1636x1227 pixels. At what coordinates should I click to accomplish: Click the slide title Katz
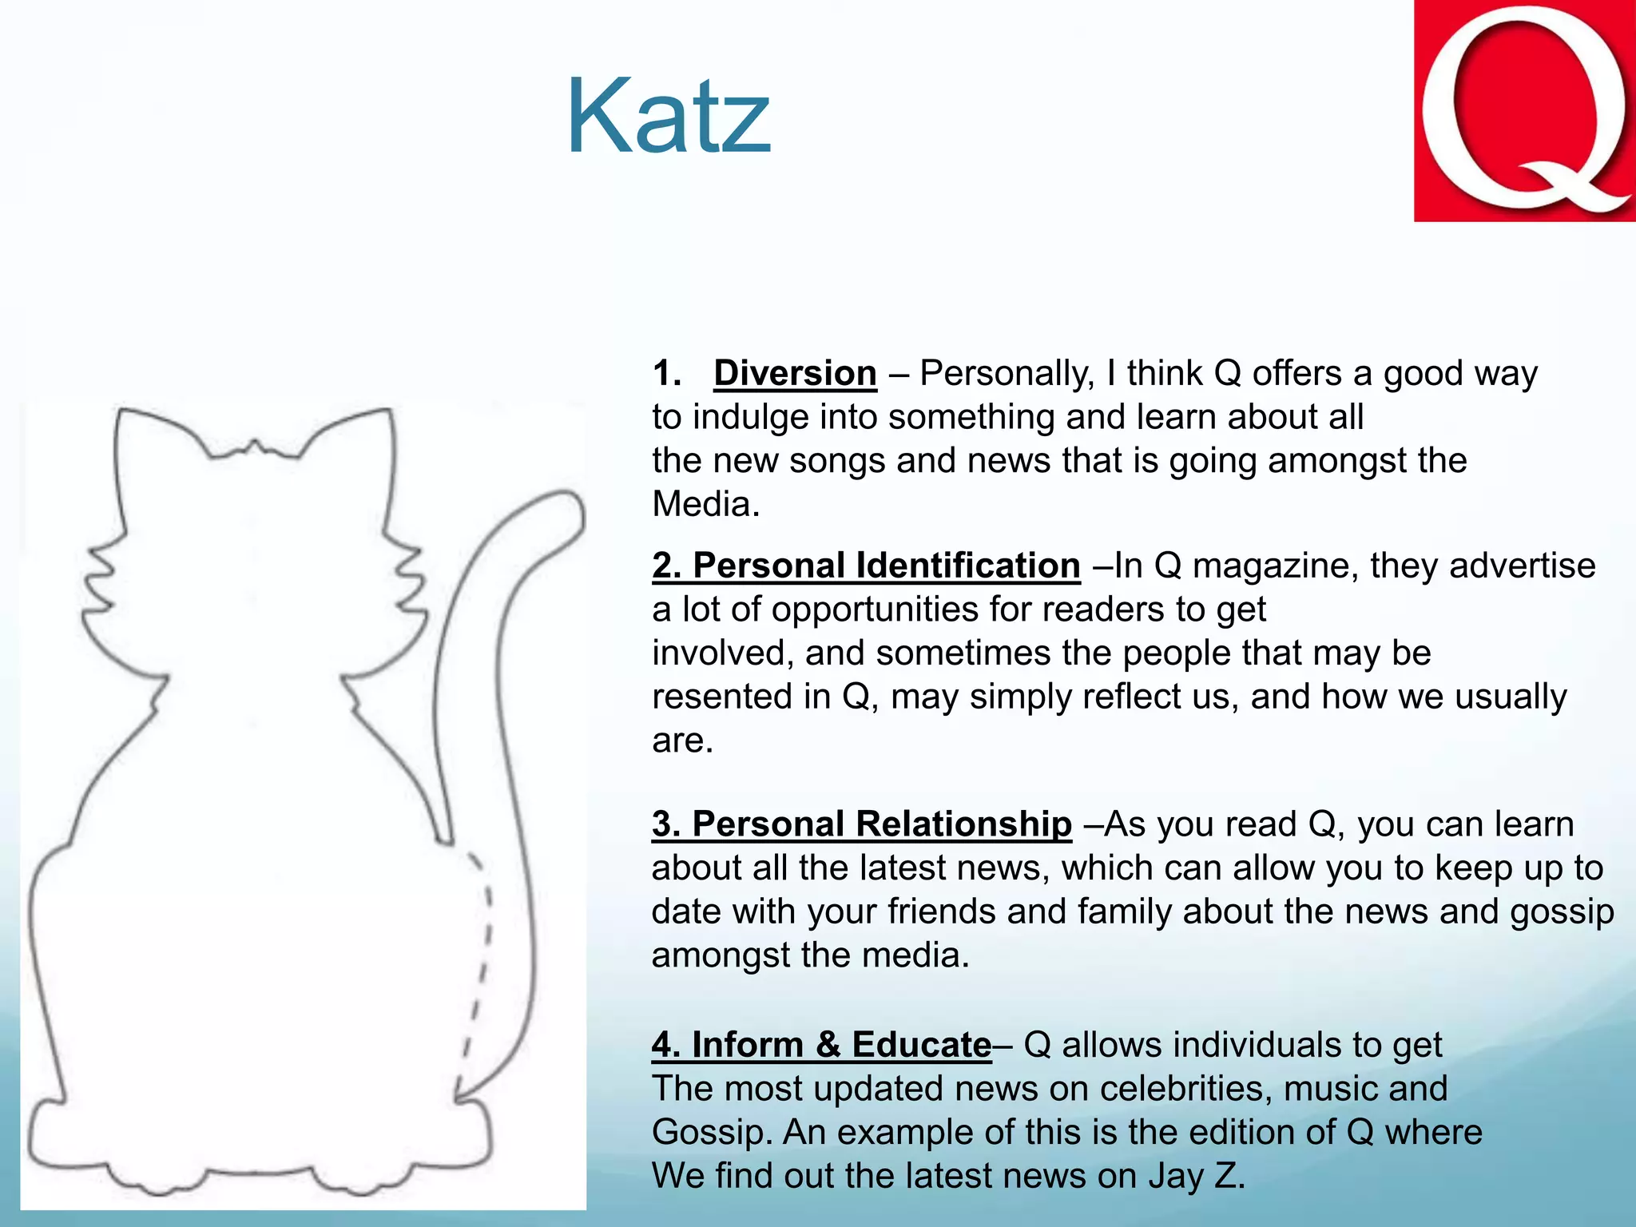point(669,117)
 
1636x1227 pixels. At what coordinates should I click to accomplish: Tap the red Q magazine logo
point(1524,110)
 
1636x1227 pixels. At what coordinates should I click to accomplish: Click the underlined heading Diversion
point(795,374)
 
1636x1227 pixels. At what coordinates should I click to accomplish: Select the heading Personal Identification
point(866,566)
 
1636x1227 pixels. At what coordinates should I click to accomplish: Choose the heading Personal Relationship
point(861,824)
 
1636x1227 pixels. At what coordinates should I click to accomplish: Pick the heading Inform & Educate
point(822,1045)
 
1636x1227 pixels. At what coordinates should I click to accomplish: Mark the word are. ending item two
point(682,741)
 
